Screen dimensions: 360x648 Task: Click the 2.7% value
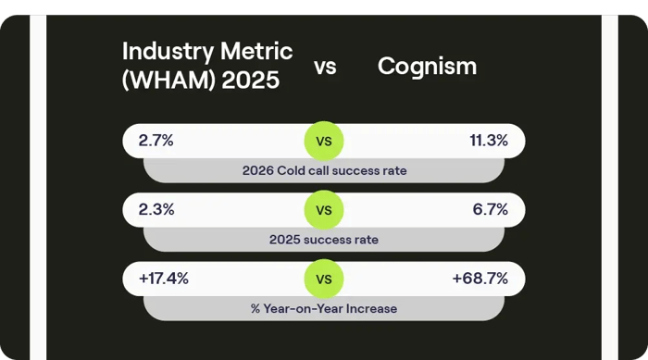click(x=156, y=141)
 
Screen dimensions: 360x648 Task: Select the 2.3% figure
click(x=156, y=209)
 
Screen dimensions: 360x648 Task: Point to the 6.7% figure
click(x=491, y=209)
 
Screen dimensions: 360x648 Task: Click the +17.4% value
click(x=163, y=278)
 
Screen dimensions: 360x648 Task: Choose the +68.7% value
click(x=481, y=278)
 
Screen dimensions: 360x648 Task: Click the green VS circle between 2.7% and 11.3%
click(x=324, y=142)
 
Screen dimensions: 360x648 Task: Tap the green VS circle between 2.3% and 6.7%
click(x=324, y=210)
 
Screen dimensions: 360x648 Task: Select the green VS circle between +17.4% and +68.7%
click(x=324, y=279)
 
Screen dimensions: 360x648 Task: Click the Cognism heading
click(x=428, y=67)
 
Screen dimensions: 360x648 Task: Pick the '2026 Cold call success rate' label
click(x=324, y=170)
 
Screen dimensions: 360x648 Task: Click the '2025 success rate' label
click(x=324, y=240)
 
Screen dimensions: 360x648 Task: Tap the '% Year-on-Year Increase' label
click(x=324, y=307)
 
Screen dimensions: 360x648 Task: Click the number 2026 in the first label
click(x=258, y=170)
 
